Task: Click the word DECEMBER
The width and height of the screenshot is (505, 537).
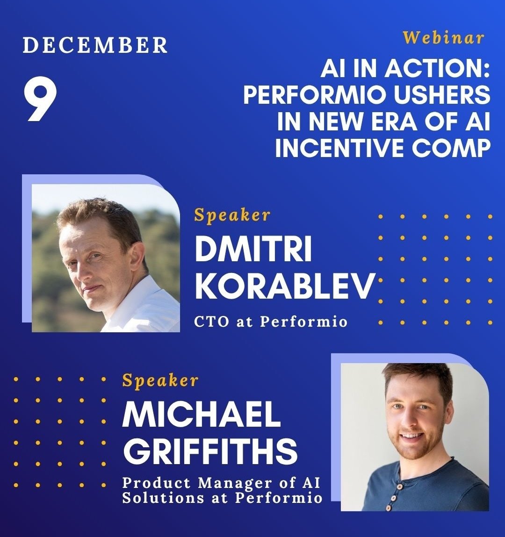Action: tap(95, 45)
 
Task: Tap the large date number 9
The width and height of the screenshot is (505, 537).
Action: tap(41, 100)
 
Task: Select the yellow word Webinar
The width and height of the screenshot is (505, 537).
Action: tap(443, 37)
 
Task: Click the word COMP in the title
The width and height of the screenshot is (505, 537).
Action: tap(454, 148)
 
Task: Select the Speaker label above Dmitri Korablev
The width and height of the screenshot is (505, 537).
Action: tap(232, 215)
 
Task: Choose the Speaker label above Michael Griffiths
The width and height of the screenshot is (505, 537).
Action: tap(160, 380)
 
